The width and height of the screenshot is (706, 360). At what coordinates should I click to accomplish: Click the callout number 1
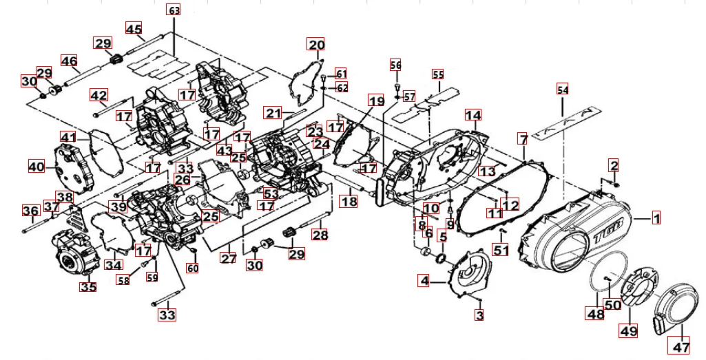656,218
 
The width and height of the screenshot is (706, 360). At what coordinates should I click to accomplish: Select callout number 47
681,348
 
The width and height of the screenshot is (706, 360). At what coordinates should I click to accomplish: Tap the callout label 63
174,10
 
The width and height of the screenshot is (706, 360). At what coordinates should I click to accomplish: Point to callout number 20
316,46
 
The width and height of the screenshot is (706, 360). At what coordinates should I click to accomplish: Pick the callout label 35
87,286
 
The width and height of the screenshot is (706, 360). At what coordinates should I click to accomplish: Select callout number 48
595,314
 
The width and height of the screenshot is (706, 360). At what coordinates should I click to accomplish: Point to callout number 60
193,268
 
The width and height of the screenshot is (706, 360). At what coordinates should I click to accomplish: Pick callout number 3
479,315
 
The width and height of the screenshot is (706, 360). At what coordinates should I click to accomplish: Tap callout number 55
438,74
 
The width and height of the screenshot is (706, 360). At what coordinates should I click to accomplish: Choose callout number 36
30,211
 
